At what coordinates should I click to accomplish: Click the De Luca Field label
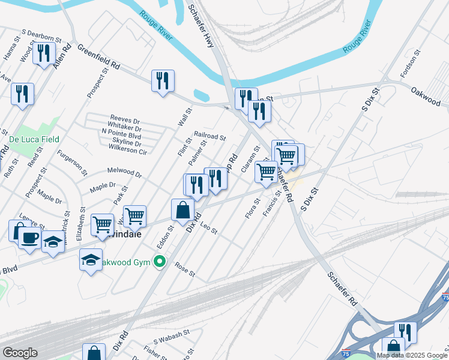click(34, 139)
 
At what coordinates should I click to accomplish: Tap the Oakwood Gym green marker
click(160, 262)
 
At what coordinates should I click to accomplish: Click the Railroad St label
click(209, 137)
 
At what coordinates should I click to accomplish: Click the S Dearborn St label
click(41, 36)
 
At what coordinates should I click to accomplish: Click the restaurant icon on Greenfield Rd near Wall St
click(163, 80)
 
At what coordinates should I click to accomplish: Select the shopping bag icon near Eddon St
click(182, 211)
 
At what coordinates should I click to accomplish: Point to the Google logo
click(20, 353)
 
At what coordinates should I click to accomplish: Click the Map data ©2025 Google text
click(412, 355)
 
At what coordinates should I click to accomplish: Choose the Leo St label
click(208, 227)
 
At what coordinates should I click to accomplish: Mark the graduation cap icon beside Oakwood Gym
click(91, 260)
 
